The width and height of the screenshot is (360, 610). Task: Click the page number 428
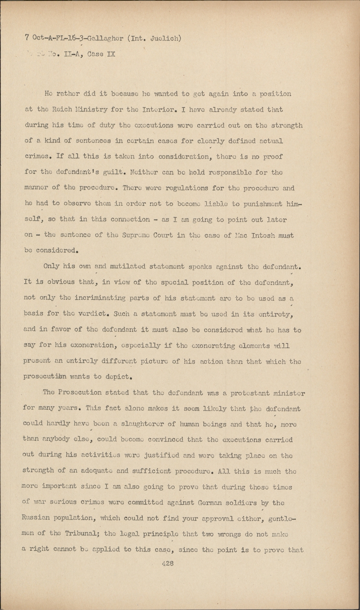click(168, 564)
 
